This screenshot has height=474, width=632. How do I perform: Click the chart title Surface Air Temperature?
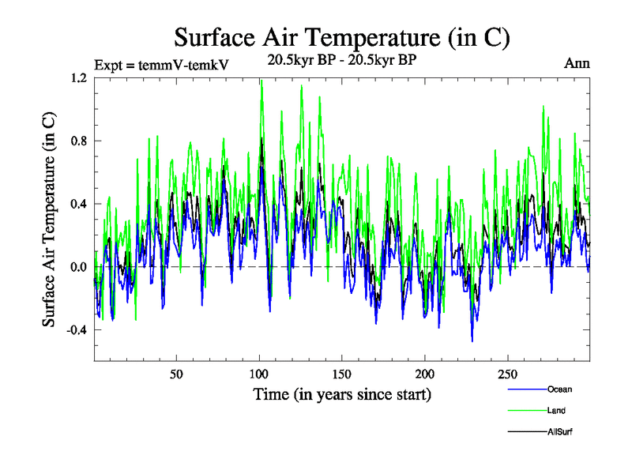[341, 37]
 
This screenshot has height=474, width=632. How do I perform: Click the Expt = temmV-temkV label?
[161, 65]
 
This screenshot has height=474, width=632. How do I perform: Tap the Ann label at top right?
[577, 63]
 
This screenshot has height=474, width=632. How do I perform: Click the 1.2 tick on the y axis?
[79, 78]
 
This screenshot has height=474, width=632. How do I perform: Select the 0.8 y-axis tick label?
[79, 141]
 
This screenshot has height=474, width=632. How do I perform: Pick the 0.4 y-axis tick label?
[79, 204]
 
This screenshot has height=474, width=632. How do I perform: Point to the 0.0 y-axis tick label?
[79, 267]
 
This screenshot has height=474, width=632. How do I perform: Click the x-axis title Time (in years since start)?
[341, 393]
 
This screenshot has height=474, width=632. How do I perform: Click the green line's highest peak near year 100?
[261, 81]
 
